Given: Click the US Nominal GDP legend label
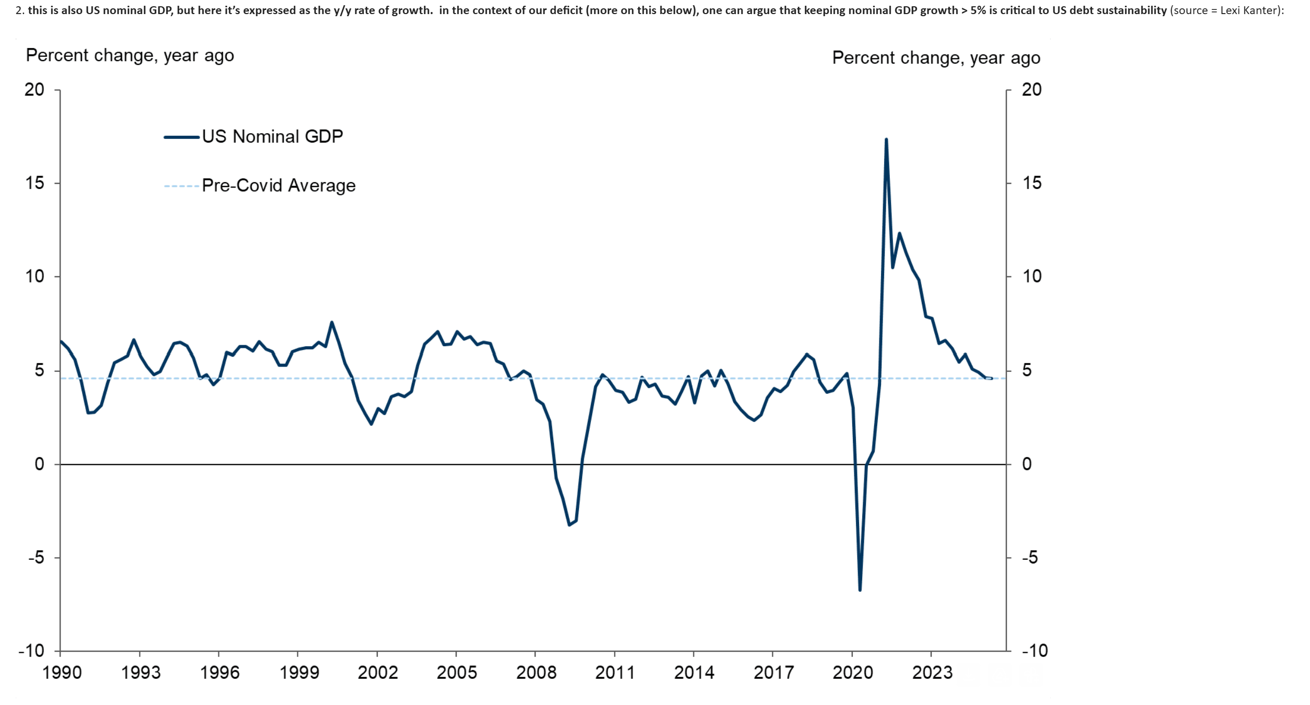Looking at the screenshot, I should click(272, 137).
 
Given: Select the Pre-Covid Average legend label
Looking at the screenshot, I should click(279, 185).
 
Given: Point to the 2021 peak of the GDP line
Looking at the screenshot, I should click(886, 139).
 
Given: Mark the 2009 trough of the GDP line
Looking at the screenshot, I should click(569, 524).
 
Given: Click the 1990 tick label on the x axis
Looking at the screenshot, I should click(62, 673).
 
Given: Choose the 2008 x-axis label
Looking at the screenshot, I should click(536, 673).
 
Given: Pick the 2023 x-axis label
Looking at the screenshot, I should click(932, 673).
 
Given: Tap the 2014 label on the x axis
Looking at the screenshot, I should click(694, 673).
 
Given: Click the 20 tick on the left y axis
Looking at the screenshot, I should click(34, 90).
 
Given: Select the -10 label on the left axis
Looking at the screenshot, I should click(31, 651).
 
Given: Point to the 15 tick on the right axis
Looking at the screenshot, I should click(1031, 183).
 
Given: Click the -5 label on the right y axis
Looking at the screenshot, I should click(1029, 558).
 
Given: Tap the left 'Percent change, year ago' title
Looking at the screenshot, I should click(130, 55).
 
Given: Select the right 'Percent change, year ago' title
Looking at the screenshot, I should click(936, 57).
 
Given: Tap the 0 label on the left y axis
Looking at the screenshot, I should click(39, 464).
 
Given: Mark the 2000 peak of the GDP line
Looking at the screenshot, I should click(332, 322).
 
